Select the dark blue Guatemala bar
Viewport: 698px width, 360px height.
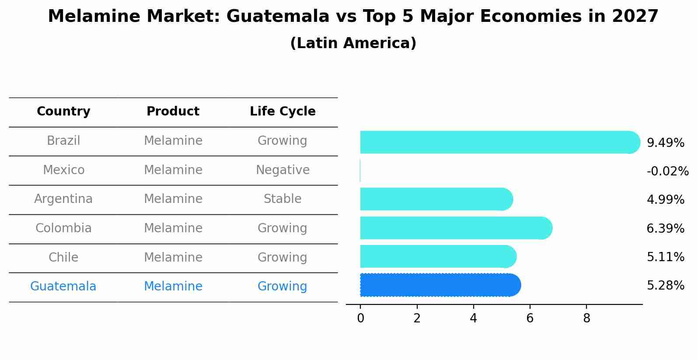440,285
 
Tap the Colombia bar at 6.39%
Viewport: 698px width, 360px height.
455,228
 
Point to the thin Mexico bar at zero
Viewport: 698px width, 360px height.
360,171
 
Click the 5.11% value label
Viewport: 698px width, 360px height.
665,257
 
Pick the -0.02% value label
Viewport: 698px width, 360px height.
667,171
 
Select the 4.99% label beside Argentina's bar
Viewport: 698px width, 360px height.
665,200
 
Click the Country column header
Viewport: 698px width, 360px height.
63,112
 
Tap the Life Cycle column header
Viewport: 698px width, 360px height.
283,112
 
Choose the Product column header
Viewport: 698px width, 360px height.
173,112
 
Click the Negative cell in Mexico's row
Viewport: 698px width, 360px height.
283,170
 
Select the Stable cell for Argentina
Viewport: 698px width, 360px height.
283,199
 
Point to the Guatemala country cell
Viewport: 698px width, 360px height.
63,287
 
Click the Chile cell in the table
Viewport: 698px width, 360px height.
63,258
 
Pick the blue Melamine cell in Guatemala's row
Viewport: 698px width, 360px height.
173,287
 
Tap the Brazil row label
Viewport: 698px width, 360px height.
63,141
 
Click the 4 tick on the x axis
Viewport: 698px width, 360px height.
473,318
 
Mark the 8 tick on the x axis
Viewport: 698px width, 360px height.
586,318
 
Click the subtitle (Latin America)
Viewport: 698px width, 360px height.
353,43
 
